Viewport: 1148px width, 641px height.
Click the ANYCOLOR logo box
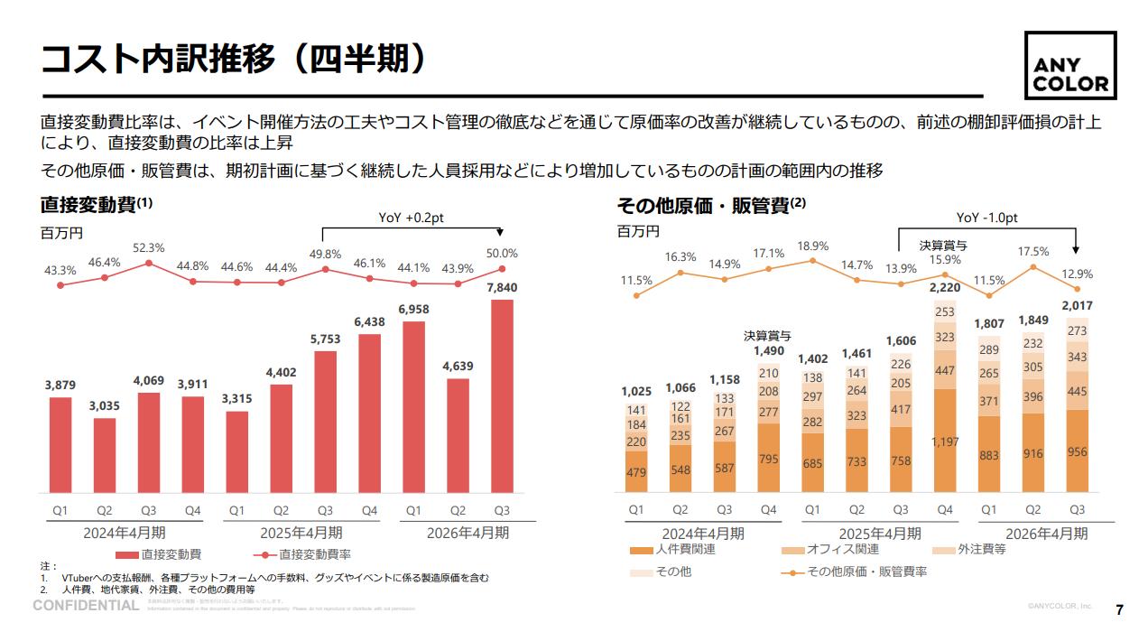(1069, 66)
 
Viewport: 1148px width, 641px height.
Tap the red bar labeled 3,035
(105, 455)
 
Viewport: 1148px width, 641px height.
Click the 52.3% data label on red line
(148, 248)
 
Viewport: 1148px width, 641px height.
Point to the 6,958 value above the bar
(413, 310)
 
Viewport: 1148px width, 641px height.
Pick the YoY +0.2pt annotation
(411, 217)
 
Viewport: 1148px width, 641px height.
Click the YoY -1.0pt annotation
(986, 218)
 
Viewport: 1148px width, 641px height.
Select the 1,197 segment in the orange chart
(944, 441)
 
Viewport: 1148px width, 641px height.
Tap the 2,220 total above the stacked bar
(944, 288)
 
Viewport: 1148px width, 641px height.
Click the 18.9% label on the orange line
(813, 246)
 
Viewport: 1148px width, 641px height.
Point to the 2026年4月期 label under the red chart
(467, 533)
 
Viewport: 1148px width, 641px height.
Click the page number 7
(1120, 609)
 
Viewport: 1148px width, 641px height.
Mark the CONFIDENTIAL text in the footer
(86, 605)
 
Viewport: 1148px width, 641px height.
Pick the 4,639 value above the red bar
(458, 367)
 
